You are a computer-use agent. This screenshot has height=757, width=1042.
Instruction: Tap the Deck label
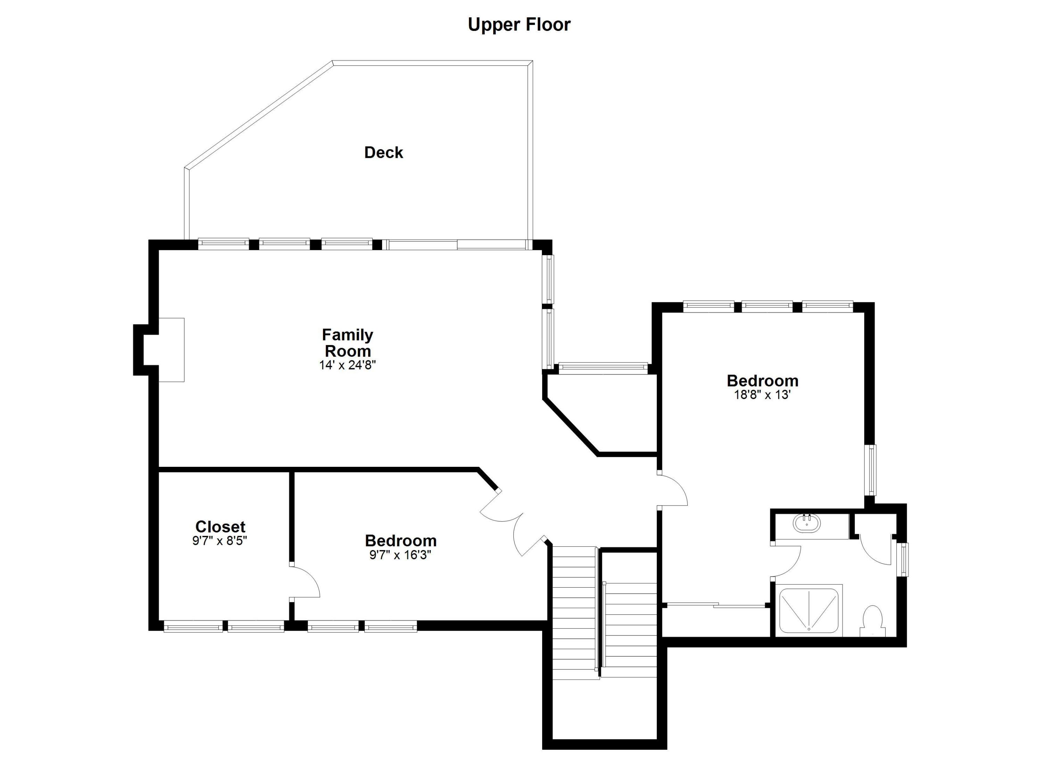[383, 152]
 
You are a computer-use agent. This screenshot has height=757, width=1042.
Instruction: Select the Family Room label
[347, 343]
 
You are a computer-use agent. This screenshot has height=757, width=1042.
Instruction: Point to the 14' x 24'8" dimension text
[347, 365]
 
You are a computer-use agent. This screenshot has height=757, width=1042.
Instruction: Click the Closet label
[220, 526]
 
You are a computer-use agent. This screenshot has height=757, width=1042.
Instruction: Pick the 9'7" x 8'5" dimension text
[220, 541]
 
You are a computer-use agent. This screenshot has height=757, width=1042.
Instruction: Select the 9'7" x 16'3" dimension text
[400, 555]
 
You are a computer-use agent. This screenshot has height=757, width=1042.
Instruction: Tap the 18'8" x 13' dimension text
[762, 395]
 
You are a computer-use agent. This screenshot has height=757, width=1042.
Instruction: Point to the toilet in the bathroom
[872, 621]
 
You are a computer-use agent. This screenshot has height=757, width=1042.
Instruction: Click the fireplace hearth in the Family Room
[171, 350]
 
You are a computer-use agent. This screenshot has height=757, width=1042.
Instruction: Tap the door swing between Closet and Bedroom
[305, 582]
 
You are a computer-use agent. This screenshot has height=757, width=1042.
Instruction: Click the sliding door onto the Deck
[457, 245]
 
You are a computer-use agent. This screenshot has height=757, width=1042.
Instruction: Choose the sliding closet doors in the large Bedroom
[716, 605]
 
